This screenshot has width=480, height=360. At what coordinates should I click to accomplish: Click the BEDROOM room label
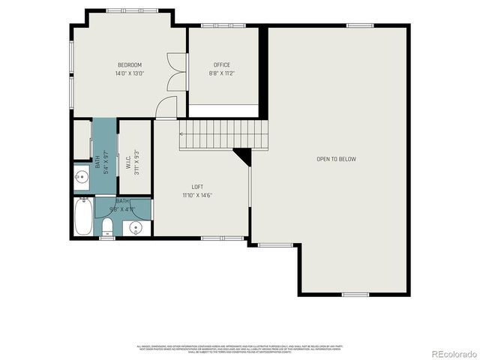129,65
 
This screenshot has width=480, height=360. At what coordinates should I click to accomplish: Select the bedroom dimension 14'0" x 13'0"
129,73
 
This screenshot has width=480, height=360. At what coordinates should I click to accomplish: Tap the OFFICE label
222,65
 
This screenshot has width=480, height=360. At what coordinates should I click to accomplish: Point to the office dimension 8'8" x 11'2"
222,73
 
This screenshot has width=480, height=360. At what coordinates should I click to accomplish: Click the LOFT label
197,187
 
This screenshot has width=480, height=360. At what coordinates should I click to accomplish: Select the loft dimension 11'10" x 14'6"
197,195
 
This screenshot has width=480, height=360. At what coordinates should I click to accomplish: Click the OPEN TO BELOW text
336,159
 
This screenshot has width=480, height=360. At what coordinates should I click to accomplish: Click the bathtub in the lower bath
83,217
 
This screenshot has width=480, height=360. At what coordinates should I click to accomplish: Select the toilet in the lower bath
108,227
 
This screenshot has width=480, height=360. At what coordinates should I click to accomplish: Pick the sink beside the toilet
136,227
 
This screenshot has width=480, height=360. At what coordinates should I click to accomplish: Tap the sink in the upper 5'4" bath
82,178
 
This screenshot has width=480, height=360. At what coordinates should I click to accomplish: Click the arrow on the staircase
182,133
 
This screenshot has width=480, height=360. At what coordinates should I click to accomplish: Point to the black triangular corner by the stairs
243,154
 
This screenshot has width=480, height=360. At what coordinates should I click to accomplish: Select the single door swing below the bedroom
166,109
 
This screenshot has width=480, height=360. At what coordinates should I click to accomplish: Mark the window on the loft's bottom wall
223,238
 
